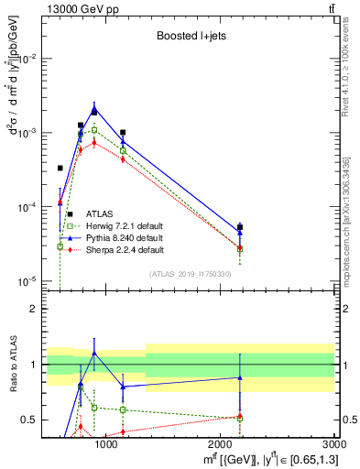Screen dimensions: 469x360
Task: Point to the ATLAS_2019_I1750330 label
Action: [x=191, y=273]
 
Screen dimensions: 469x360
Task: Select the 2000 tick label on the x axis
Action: [x=220, y=443]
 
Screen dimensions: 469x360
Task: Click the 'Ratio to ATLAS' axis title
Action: [x=11, y=364]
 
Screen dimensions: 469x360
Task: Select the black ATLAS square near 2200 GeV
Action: [x=240, y=227]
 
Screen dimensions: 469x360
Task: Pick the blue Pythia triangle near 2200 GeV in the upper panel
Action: [x=240, y=233]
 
